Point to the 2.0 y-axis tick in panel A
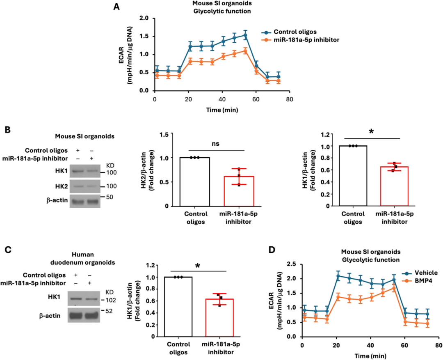coord(144,18)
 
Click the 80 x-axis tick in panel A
coord(290,99)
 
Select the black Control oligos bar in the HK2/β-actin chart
coord(195,181)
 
